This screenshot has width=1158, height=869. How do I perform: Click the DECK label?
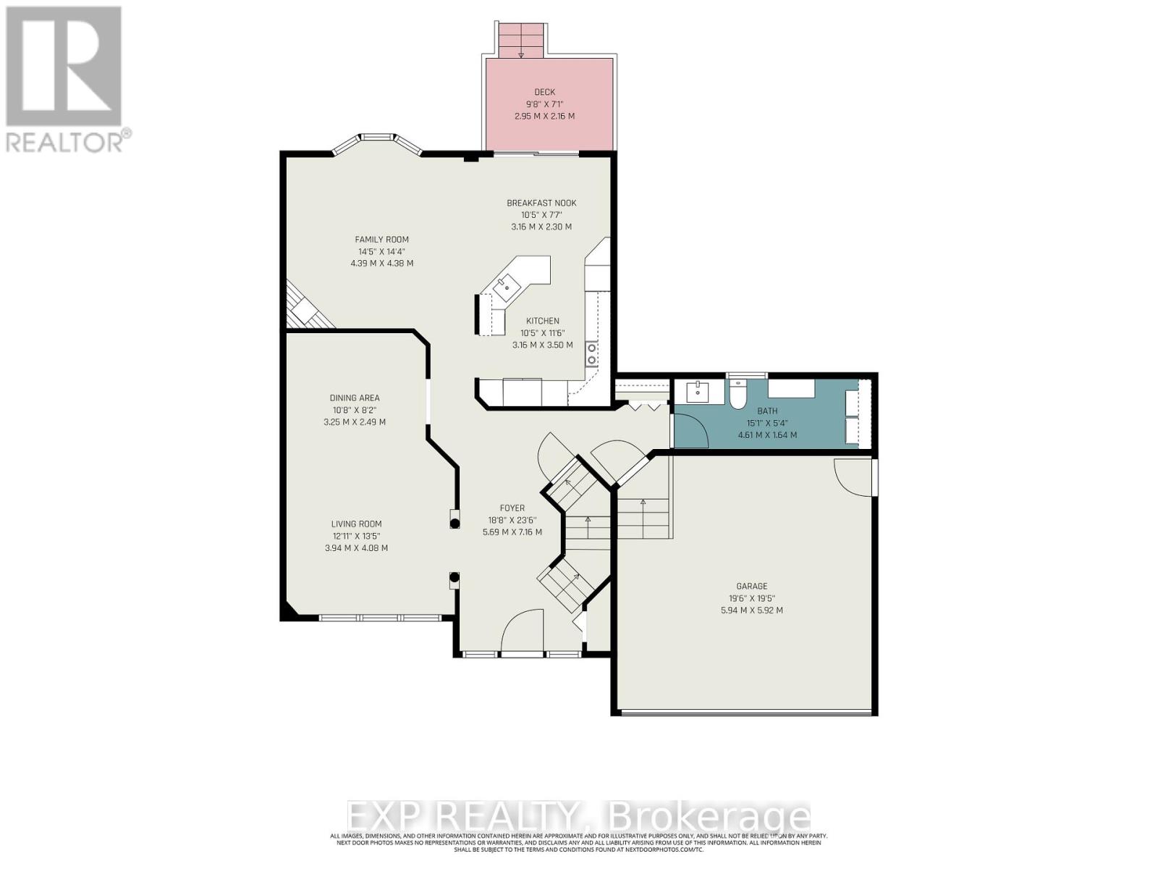point(544,92)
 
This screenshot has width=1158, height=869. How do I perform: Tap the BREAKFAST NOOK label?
point(541,203)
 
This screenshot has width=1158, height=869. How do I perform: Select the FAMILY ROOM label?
point(381,240)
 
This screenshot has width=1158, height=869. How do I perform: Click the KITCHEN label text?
point(542,321)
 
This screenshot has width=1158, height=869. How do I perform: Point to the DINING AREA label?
point(355,398)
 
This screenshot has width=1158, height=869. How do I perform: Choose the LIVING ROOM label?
point(356,524)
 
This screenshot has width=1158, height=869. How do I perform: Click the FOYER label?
point(512,508)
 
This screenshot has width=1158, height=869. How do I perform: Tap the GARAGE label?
point(751,587)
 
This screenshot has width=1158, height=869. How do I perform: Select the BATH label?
point(767,411)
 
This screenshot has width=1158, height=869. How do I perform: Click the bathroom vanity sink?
point(699,392)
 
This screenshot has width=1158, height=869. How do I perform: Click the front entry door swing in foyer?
point(523,630)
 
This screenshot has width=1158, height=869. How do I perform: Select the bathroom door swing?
point(690,431)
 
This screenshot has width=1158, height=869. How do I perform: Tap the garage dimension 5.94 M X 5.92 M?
point(751,610)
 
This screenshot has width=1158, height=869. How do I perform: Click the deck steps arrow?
point(520,54)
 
